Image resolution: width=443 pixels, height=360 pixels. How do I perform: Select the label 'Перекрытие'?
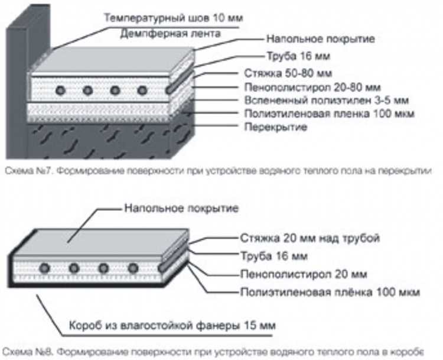pyautogui.click(x=275, y=127)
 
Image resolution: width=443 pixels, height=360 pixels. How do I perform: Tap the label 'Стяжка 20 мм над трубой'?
pyautogui.click(x=310, y=238)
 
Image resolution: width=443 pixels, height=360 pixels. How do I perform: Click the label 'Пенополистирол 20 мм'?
pyautogui.click(x=304, y=274)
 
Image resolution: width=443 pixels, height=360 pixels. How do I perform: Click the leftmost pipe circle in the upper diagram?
pyautogui.click(x=61, y=90)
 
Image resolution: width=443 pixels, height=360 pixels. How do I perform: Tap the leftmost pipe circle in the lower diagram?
pyautogui.click(x=45, y=268)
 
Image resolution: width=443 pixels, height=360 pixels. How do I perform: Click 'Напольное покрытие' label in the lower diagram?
pyautogui.click(x=181, y=208)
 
